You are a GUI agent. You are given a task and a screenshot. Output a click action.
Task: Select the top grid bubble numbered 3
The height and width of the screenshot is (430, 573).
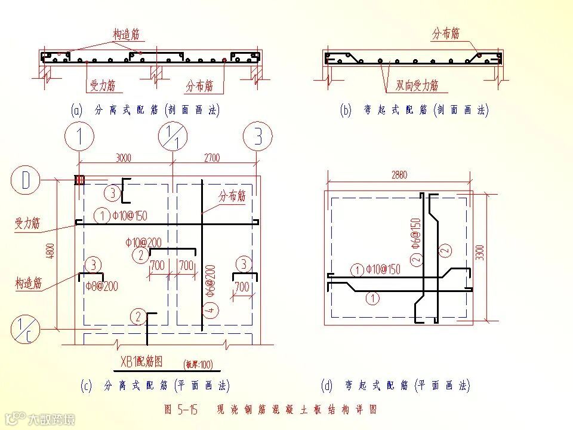point(258,137)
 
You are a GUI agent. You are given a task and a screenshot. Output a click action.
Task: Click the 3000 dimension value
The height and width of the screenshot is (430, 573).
point(124,158)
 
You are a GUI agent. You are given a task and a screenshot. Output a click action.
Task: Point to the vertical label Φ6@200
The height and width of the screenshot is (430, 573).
point(211,281)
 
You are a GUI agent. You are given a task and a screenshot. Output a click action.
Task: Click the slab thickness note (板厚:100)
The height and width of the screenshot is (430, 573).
point(198,364)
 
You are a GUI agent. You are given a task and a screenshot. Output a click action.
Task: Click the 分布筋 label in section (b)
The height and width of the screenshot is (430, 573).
point(446,33)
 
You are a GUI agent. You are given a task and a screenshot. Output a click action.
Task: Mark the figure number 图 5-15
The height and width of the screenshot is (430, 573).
point(180,410)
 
